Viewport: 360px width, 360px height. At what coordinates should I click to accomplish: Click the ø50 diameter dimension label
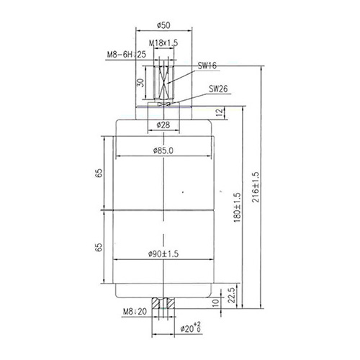[x=163, y=25]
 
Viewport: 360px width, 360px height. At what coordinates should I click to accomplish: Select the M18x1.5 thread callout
[x=163, y=43]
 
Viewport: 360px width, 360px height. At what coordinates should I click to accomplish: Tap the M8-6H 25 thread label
[x=127, y=55]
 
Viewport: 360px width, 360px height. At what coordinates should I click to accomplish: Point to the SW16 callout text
[x=207, y=66]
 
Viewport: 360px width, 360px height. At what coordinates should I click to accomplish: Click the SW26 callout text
[x=218, y=89]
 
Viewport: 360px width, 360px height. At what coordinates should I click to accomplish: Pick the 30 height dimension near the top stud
[x=141, y=83]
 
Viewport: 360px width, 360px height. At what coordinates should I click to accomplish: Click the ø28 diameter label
[x=163, y=125]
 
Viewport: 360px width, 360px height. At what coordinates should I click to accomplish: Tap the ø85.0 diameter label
[x=163, y=150]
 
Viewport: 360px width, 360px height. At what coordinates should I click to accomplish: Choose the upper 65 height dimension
[x=99, y=173]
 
